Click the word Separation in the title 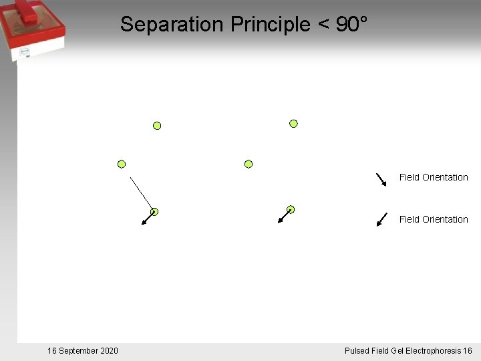pyautogui.click(x=172, y=25)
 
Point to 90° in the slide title pyautogui.click(x=351, y=25)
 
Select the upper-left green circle pyautogui.click(x=157, y=125)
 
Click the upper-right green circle pyautogui.click(x=293, y=123)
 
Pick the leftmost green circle pyautogui.click(x=122, y=164)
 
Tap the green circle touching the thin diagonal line pyautogui.click(x=154, y=211)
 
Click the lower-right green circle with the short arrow pyautogui.click(x=291, y=209)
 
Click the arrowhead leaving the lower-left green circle pyautogui.click(x=144, y=223)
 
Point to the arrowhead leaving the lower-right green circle pyautogui.click(x=281, y=220)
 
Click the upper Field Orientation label pyautogui.click(x=434, y=177)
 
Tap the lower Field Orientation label pyautogui.click(x=434, y=219)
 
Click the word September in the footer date pyautogui.click(x=79, y=351)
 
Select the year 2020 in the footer pyautogui.click(x=110, y=351)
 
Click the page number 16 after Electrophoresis pyautogui.click(x=467, y=351)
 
